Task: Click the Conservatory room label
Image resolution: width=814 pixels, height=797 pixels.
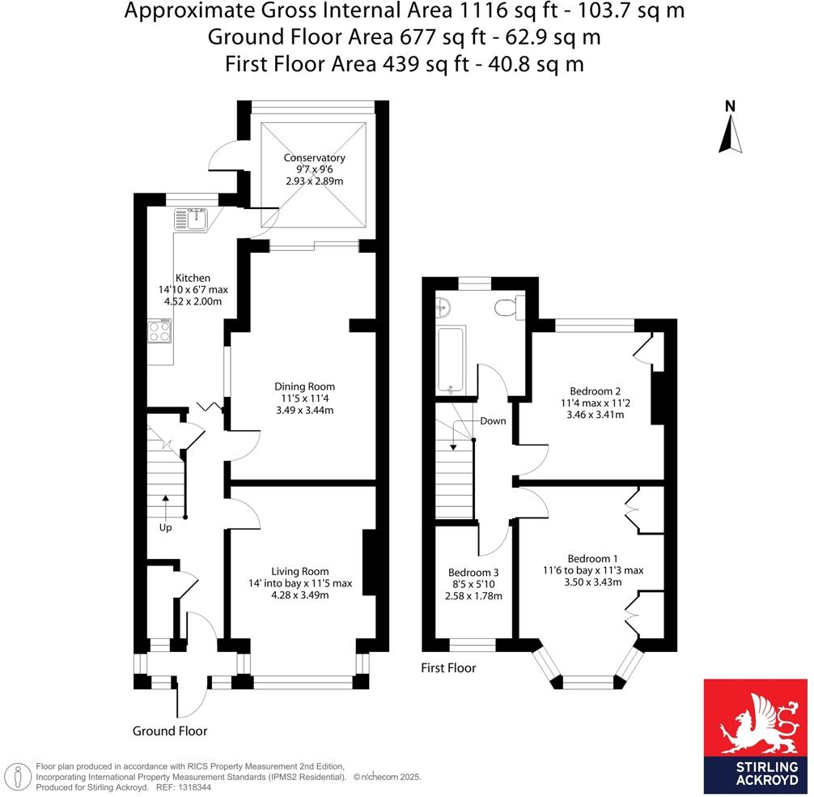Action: (x=314, y=158)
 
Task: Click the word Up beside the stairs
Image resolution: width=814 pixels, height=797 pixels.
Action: (x=165, y=527)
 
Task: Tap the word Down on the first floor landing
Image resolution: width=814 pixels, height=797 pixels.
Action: (x=493, y=421)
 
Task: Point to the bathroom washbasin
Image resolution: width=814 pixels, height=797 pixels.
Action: (x=443, y=307)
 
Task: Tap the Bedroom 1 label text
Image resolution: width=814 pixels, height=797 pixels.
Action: (x=593, y=558)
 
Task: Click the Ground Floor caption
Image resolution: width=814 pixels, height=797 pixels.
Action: (x=170, y=731)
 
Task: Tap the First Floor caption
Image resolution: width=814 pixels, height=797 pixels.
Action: (x=448, y=668)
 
